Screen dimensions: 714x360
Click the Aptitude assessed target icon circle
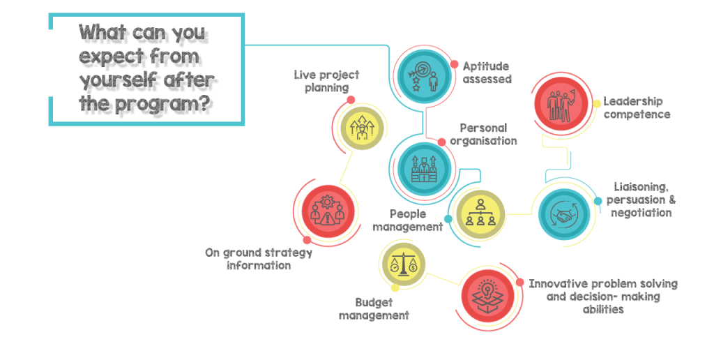424,76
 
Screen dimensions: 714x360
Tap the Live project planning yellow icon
362,128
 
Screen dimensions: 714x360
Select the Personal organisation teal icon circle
425,169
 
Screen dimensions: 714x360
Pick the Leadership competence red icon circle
561,105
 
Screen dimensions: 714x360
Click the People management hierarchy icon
480,214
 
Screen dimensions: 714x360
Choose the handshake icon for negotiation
564,214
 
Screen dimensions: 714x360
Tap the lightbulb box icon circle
487,296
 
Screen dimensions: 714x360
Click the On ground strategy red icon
328,212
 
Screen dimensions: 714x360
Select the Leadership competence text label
637,107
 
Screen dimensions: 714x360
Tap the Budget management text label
374,308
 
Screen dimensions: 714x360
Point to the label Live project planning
326,81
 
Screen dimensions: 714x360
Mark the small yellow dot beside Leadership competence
597,104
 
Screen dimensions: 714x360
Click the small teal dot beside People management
448,219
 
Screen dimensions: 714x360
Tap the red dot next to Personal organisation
441,142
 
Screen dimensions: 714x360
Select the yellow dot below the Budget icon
395,288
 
